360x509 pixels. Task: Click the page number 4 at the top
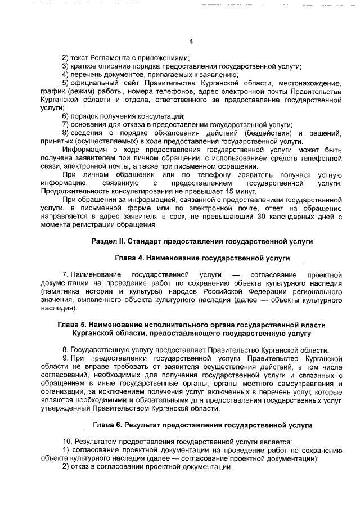point(191,42)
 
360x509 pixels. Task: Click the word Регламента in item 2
point(103,58)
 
